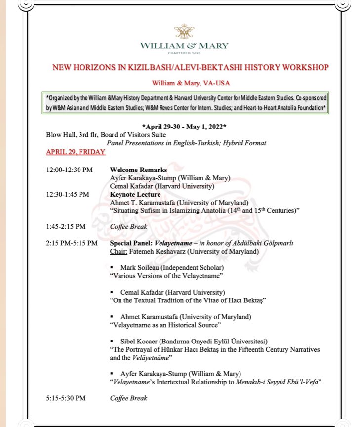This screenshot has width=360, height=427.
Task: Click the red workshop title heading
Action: click(184, 67)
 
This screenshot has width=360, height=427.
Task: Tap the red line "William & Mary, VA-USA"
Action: click(184, 83)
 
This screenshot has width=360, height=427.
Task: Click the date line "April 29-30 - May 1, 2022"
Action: click(184, 127)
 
